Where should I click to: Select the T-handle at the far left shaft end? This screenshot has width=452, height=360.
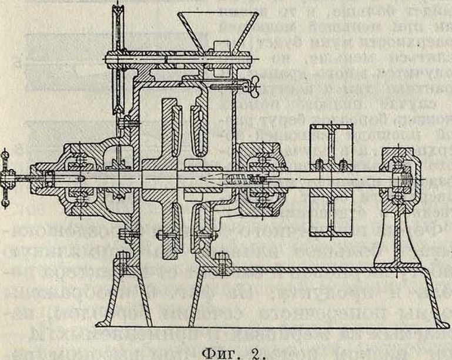8,171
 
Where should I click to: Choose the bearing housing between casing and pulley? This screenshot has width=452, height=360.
259,175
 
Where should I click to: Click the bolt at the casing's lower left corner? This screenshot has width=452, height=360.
122,258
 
